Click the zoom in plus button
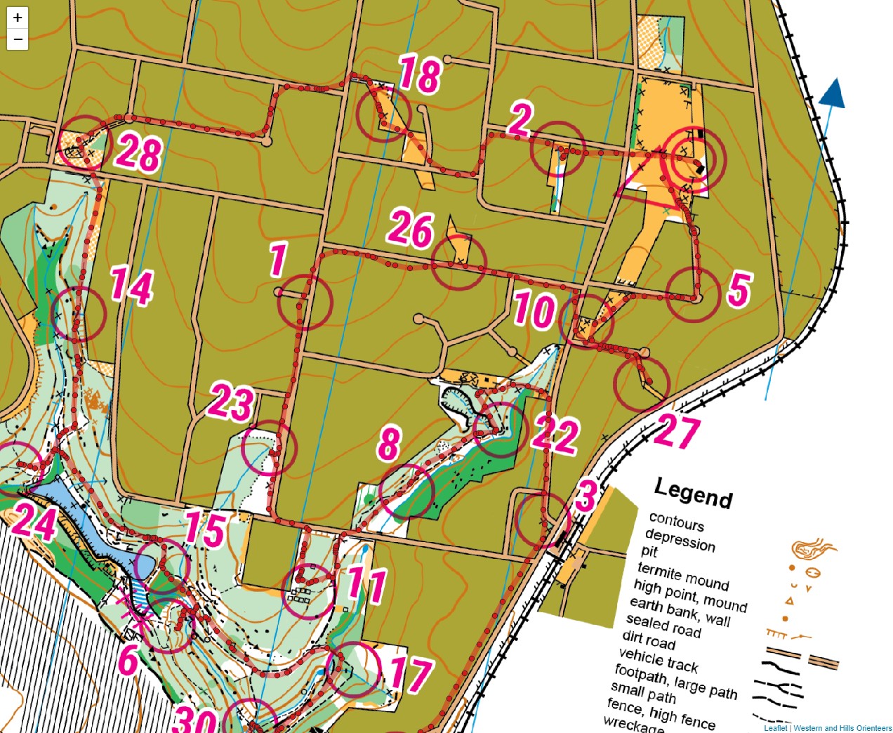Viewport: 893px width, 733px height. coord(18,18)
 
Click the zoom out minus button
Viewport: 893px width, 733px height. coord(18,39)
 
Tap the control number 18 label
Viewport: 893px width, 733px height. coord(420,74)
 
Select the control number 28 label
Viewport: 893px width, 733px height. coord(139,153)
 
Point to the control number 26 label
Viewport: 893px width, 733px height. coord(411,229)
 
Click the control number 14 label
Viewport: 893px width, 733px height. coord(131,286)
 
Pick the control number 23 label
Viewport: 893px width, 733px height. coord(231,402)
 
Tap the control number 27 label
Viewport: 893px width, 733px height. coord(677,432)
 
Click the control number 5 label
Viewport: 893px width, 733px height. coord(739,289)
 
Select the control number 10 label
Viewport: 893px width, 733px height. coord(534,310)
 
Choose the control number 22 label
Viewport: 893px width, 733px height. coord(555,435)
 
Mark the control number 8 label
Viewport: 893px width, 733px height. coord(389,444)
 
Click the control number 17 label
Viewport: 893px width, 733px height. coord(410,675)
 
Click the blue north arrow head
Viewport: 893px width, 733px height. coord(833,93)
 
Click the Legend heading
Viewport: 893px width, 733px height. coord(693,492)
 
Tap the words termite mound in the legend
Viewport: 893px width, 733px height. coord(683,576)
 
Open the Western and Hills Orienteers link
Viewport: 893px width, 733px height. coord(842,728)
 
